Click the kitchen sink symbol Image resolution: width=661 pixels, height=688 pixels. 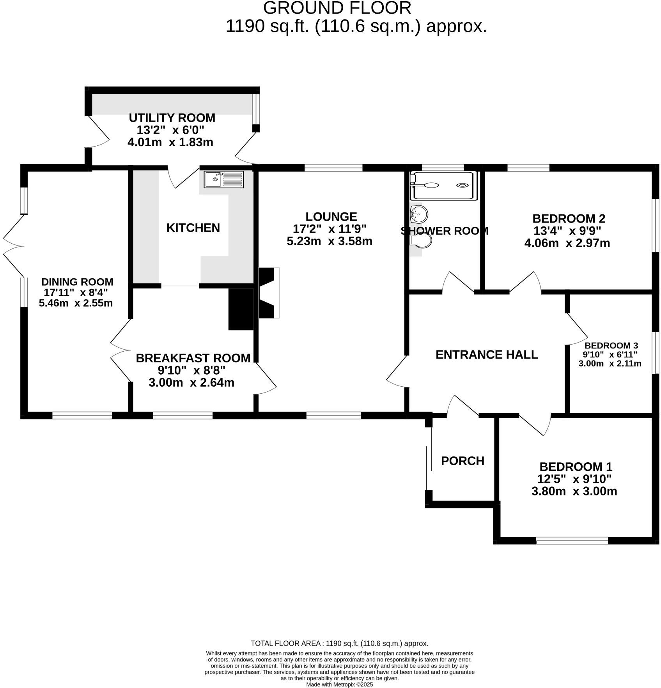(x=223, y=179)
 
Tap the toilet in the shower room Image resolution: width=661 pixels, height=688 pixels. (x=422, y=240)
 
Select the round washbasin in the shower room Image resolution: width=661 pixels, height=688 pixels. (x=419, y=214)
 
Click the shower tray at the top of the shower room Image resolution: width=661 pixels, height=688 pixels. (x=443, y=186)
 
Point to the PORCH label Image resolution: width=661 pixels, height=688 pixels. (x=463, y=461)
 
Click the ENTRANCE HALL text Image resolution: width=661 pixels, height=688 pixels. (x=486, y=354)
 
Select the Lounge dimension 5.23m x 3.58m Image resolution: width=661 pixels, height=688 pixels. (x=330, y=241)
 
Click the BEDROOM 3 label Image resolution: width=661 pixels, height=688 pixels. (x=611, y=345)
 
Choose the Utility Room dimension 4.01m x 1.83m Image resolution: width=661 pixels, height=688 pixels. (x=170, y=142)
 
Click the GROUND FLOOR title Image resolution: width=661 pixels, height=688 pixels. (x=337, y=8)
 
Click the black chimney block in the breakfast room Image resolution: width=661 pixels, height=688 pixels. (x=241, y=309)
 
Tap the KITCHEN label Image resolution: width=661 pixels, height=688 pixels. (x=193, y=228)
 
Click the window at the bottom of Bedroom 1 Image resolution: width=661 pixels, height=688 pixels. (x=572, y=540)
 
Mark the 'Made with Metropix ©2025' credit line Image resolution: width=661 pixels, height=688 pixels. (x=339, y=684)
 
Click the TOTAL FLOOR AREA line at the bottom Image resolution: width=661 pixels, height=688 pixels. (x=339, y=643)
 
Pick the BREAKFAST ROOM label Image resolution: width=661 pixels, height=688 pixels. (x=193, y=358)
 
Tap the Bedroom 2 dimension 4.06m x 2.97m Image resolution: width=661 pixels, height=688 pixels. (x=567, y=243)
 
